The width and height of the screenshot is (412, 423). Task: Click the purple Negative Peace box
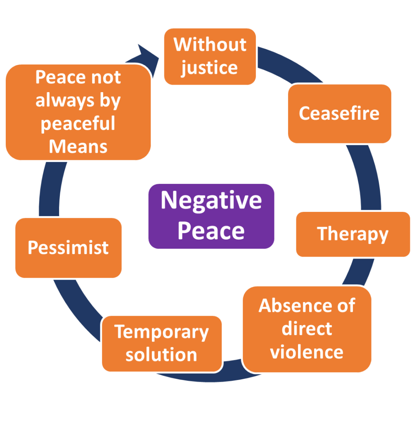click(x=211, y=216)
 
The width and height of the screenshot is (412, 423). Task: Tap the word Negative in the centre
click(x=211, y=200)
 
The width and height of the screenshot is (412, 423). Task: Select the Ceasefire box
click(x=339, y=114)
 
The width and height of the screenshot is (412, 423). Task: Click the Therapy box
click(x=353, y=234)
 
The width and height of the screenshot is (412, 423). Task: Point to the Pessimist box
click(x=68, y=247)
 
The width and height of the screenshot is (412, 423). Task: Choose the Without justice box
click(x=210, y=56)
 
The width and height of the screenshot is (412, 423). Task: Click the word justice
click(x=209, y=68)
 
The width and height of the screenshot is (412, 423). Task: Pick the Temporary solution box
click(x=161, y=343)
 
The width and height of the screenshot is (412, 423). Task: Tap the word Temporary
click(x=161, y=332)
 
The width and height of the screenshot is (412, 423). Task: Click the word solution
click(x=161, y=355)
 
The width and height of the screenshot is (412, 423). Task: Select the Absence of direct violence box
click(x=307, y=329)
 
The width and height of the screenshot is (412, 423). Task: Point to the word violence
click(x=307, y=352)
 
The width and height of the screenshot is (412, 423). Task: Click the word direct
click(x=307, y=329)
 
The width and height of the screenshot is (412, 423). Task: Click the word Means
click(x=78, y=146)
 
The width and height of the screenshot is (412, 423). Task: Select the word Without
click(x=210, y=45)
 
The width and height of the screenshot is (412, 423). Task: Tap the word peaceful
click(x=78, y=124)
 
